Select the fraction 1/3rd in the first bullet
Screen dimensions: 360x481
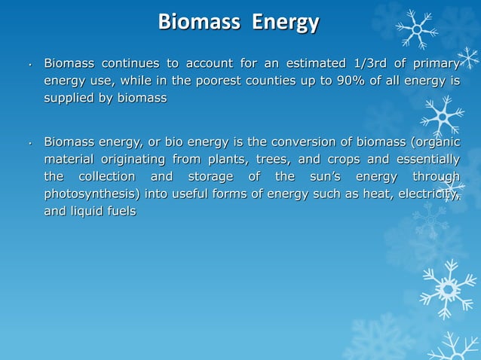tap(367, 63)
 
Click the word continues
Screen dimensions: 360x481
tap(133, 63)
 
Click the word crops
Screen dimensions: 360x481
tap(345, 160)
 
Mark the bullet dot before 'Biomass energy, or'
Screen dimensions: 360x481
tap(28, 144)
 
